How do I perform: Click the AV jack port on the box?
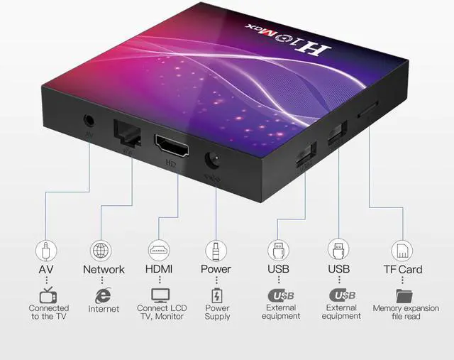(89, 119)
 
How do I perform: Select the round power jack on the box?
(211, 160)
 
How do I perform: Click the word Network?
(104, 270)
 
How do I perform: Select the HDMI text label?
(159, 270)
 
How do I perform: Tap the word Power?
(216, 270)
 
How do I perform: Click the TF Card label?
(402, 270)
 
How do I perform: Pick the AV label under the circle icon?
(45, 270)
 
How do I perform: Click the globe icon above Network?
(101, 251)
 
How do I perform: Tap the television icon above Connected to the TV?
(47, 295)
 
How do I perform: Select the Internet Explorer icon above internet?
(104, 295)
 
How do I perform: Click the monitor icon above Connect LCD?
(161, 295)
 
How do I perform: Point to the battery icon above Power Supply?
(216, 295)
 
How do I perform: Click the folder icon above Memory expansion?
(405, 295)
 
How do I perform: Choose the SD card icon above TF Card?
(402, 251)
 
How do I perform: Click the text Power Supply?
(217, 312)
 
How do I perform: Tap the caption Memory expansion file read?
(406, 312)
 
